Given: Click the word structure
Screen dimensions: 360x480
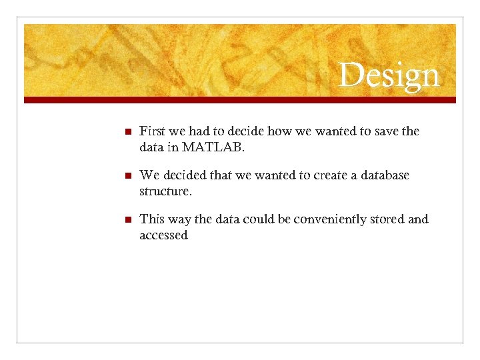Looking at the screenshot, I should [x=165, y=191].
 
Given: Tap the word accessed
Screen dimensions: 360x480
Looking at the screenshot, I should [x=163, y=235].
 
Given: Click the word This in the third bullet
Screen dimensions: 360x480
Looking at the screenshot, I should [x=152, y=219].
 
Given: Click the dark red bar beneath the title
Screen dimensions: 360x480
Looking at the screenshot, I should [x=240, y=100].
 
